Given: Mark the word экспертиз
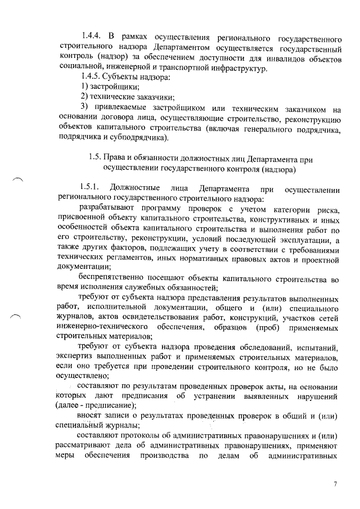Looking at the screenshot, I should click(77, 357).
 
